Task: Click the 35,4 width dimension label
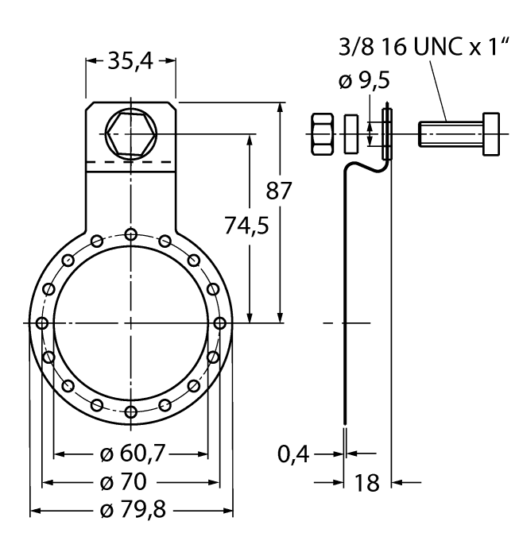(130, 62)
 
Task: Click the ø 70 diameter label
(131, 481)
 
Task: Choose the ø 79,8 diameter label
(131, 509)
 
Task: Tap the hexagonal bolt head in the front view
(130, 133)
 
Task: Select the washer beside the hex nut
(351, 133)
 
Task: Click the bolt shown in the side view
(459, 133)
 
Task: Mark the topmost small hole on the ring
(130, 234)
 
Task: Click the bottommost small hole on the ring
(130, 411)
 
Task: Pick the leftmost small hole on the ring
(41, 322)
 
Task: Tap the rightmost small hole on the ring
(219, 322)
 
